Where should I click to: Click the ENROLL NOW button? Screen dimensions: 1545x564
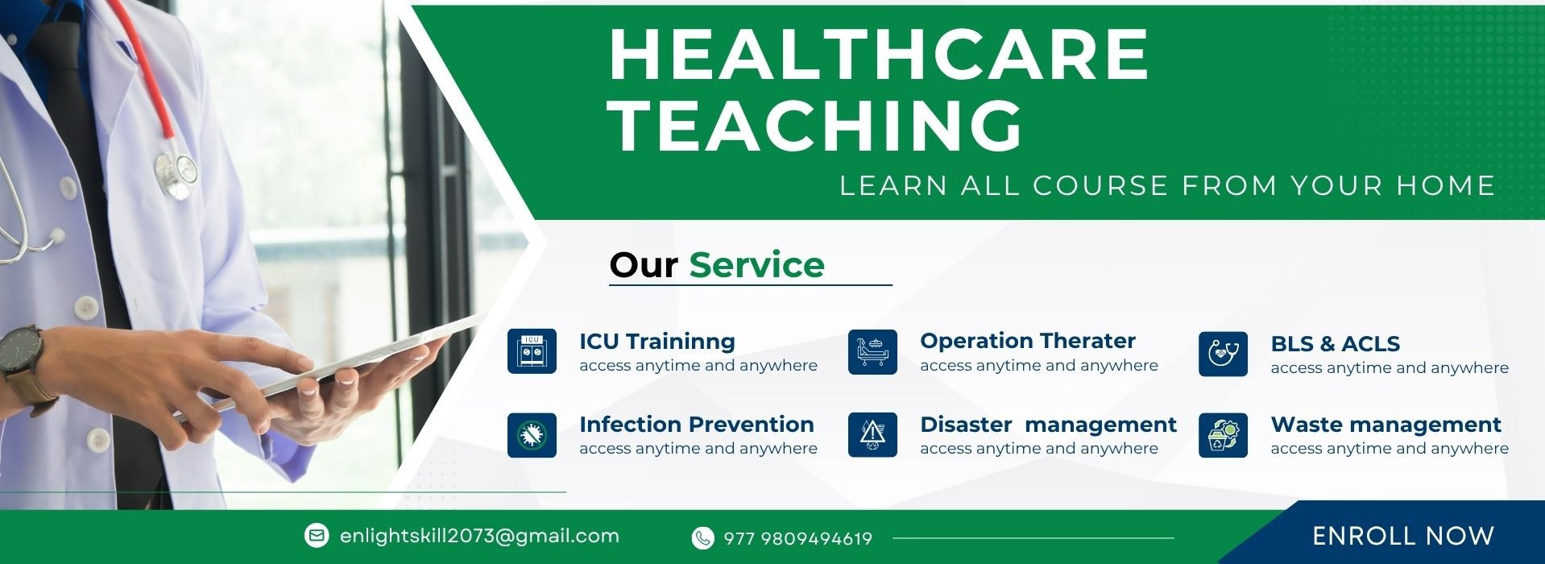point(1402,536)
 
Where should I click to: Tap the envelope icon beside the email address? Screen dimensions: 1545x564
point(317,535)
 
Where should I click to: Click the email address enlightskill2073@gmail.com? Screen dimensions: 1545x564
point(480,536)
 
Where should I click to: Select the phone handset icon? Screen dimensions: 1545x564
point(703,537)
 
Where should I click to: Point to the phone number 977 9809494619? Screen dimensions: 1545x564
point(798,538)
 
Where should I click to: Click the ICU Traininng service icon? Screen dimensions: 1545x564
point(532,351)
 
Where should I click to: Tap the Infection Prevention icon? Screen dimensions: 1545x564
point(532,435)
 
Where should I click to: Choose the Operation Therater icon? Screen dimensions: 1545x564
point(872,351)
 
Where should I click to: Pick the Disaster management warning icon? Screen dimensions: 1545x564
point(872,435)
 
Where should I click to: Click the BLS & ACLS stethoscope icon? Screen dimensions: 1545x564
point(1223,354)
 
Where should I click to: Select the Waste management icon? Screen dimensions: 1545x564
point(1223,435)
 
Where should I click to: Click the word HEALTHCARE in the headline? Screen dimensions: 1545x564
point(879,54)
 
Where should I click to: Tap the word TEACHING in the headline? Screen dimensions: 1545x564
point(816,125)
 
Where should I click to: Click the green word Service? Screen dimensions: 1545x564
point(757,265)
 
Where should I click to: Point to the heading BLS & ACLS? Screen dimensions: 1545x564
point(1336,344)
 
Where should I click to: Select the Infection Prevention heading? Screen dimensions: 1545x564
point(697,425)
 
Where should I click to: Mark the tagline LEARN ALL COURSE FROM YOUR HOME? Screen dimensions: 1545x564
point(1167,186)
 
